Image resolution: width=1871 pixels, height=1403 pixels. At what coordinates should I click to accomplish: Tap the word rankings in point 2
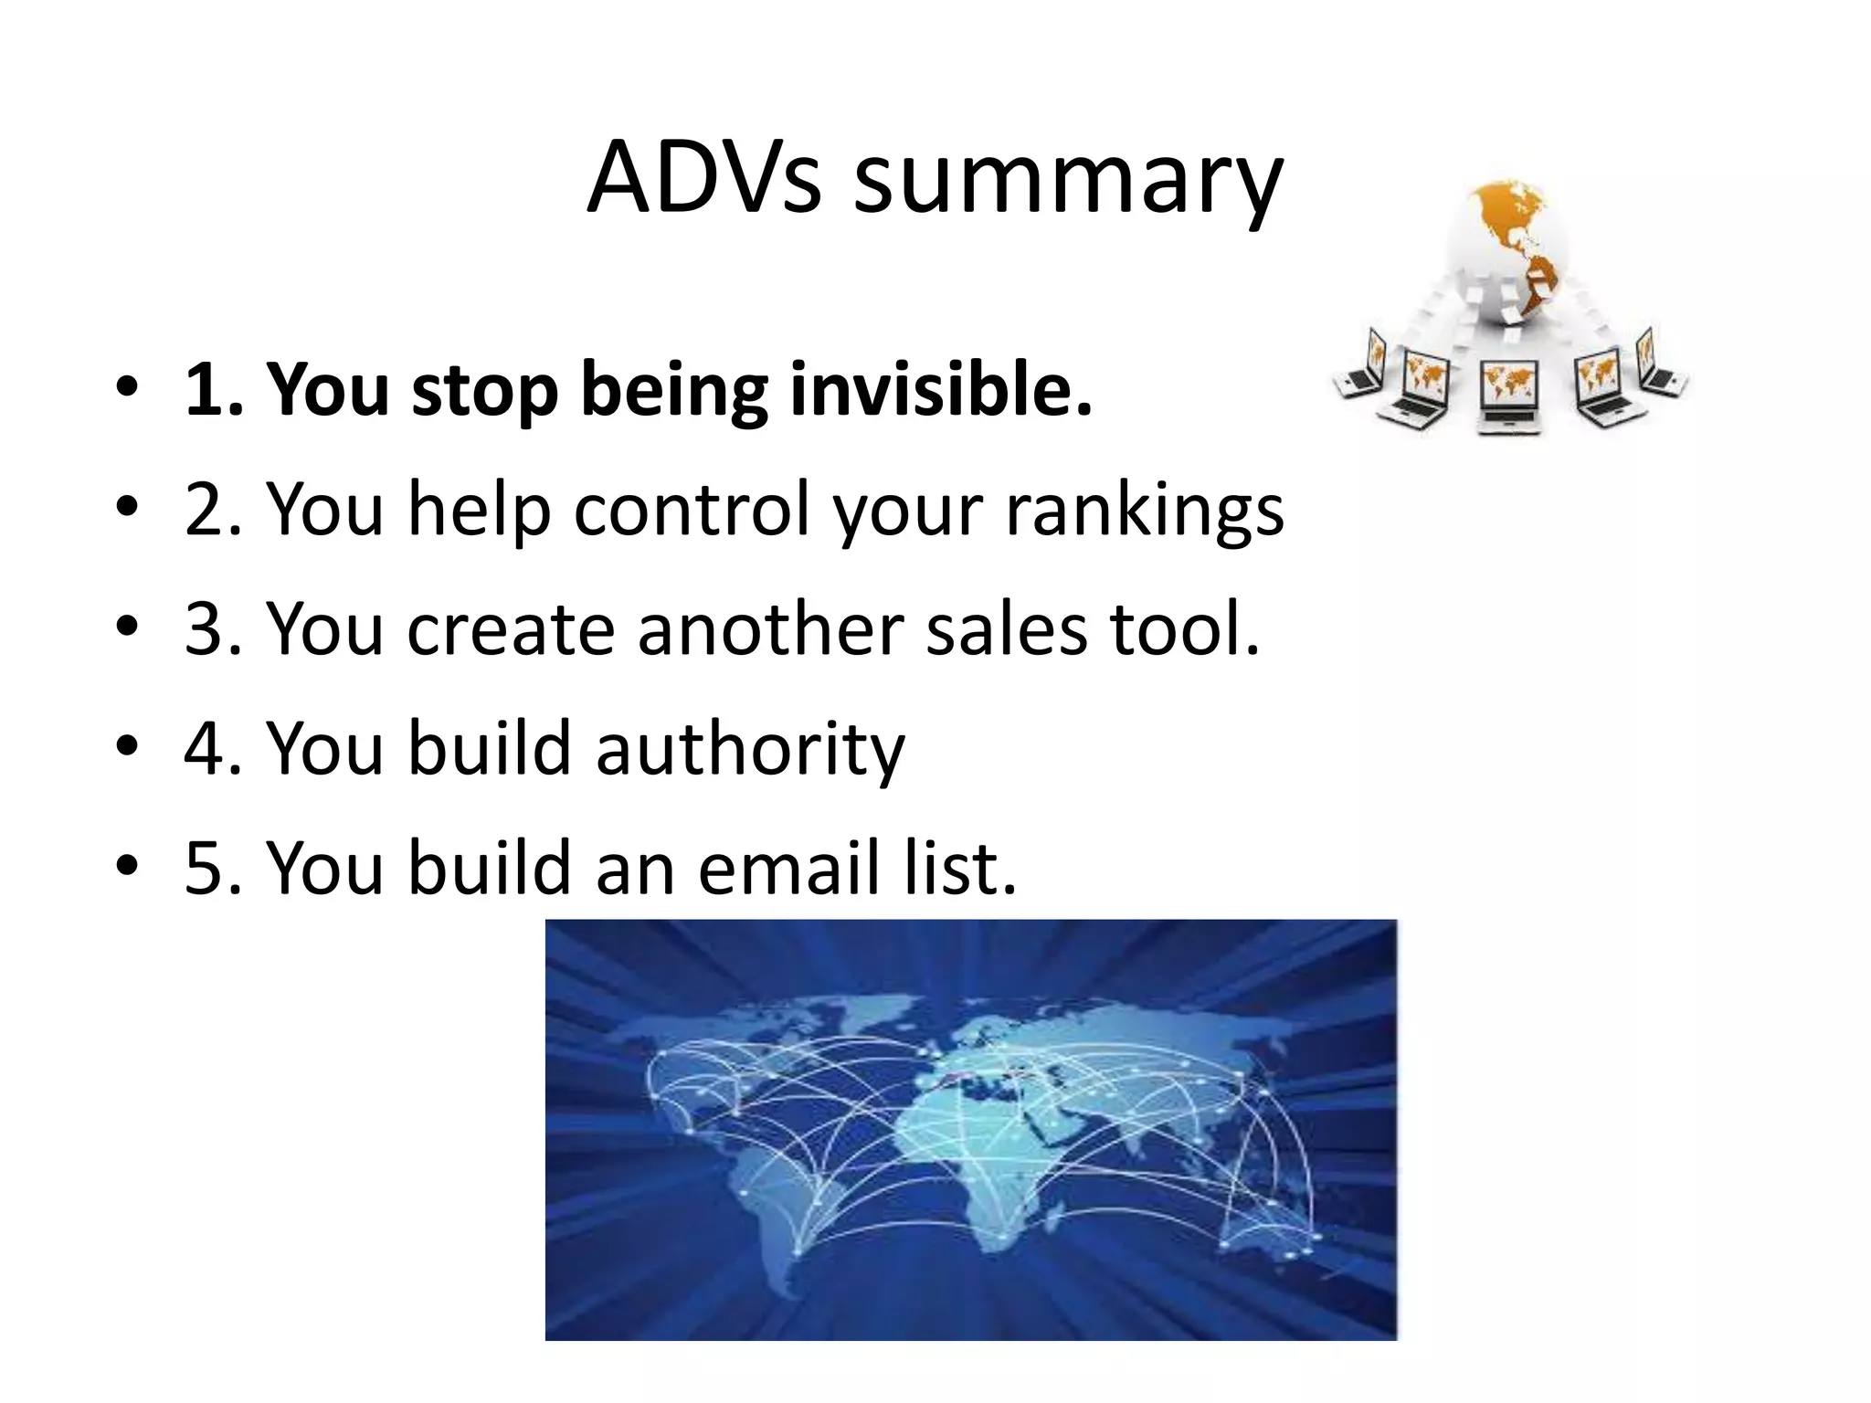(1145, 510)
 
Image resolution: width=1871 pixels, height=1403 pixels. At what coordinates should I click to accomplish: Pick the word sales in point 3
(1007, 628)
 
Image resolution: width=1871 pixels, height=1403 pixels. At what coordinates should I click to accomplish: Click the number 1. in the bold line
(214, 390)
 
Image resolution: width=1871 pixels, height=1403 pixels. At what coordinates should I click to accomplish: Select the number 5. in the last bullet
(214, 867)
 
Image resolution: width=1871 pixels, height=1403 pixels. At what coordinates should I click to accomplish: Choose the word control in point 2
(692, 510)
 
